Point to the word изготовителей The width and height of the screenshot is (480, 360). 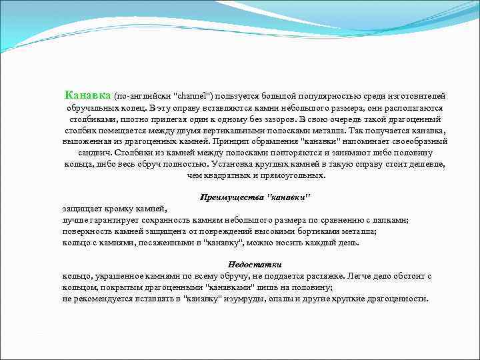point(419,96)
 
